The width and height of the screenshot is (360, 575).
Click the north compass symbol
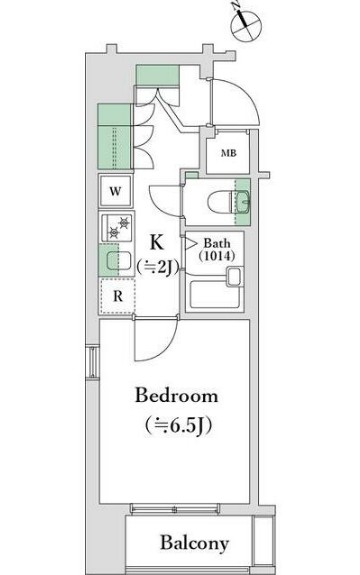pos(246,26)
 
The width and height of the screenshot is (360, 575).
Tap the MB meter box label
pos(228,153)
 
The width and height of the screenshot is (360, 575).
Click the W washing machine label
pos(115,191)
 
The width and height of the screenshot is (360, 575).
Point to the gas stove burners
pos(120,227)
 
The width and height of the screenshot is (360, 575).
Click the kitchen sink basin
pos(119,261)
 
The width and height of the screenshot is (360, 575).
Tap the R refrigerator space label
pos(117,296)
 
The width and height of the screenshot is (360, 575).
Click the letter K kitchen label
pos(157,242)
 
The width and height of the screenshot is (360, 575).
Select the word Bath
pos(217,243)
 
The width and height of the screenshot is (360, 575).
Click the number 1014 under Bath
pos(217,256)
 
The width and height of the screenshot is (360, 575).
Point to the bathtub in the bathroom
pos(215,294)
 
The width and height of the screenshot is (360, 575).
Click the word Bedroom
pos(177,396)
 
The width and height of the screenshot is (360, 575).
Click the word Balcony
pos(194,543)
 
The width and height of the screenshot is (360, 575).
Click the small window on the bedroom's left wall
pos(93,362)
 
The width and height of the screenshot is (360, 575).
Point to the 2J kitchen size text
pos(158,267)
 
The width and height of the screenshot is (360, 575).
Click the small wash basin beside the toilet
pos(242,202)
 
